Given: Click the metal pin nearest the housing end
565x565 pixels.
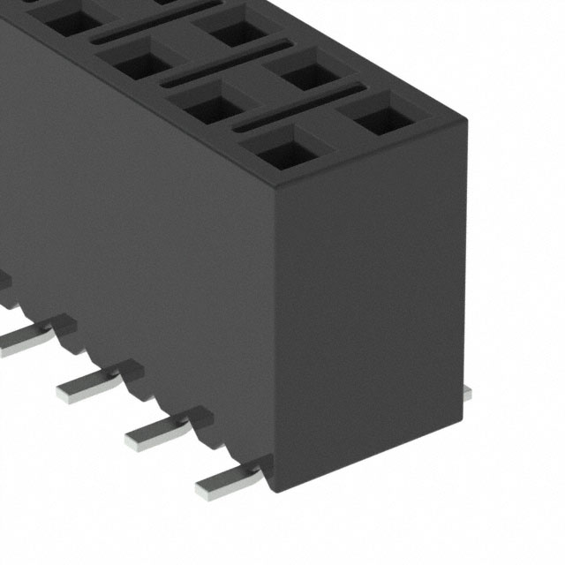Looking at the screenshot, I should [228, 478].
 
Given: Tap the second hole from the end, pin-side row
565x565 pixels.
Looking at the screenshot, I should [212, 104].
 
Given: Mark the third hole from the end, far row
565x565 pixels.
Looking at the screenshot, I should [237, 31].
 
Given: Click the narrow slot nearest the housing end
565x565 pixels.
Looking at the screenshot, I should [300, 108].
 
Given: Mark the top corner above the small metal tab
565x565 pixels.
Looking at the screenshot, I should [464, 115].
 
